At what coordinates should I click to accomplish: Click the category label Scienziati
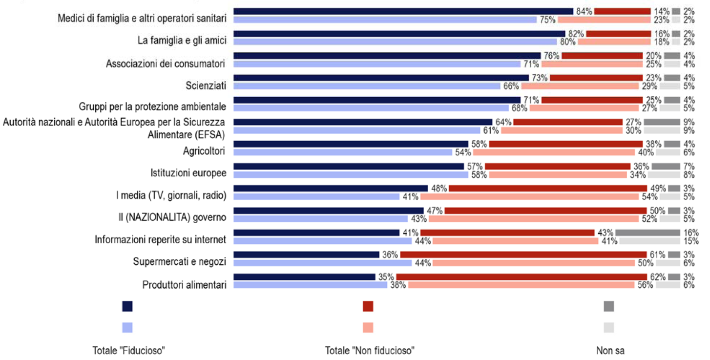206,86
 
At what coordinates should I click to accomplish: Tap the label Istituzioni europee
188,173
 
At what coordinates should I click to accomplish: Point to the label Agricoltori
204,151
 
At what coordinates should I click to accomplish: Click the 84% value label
584,11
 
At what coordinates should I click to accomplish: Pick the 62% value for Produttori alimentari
658,277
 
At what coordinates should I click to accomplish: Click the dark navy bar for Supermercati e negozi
306,254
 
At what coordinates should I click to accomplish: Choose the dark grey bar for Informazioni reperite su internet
647,233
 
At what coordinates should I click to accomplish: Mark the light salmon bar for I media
529,197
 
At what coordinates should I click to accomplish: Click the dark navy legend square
127,306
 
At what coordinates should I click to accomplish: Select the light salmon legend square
368,327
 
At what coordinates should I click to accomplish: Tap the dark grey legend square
609,306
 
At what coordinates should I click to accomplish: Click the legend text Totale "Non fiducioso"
370,351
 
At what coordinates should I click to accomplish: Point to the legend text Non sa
610,351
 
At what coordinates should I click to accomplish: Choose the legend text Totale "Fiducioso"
128,351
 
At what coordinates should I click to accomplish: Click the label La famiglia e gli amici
182,41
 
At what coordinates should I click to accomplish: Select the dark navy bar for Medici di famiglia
403,11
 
